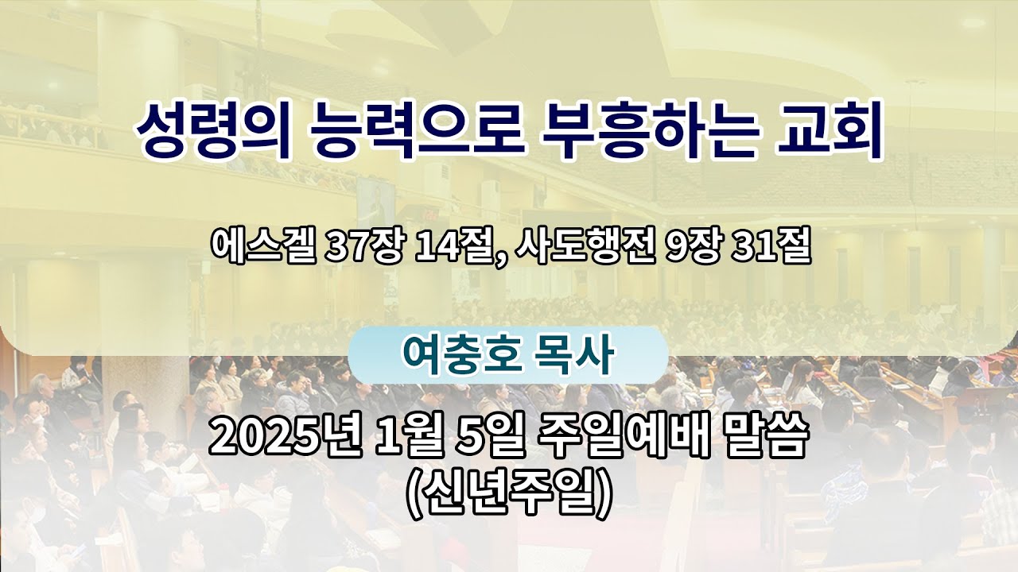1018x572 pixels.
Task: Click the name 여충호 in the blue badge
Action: [x=461, y=355]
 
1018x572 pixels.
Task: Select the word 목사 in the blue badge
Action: [x=574, y=355]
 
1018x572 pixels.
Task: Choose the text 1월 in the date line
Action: [x=410, y=437]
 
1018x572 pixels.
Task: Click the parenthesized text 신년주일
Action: [x=508, y=496]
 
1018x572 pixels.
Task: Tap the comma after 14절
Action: [x=499, y=261]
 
